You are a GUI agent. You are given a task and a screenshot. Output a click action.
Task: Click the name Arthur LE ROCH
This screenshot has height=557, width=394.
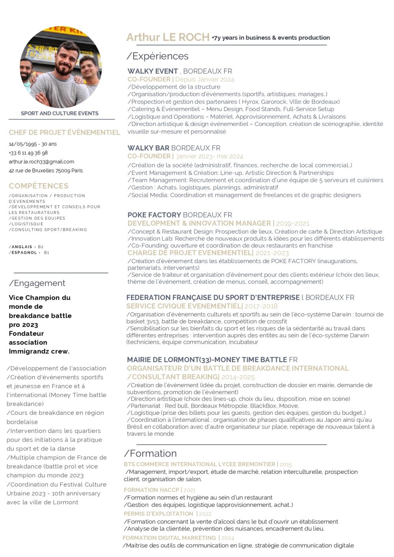point(168,37)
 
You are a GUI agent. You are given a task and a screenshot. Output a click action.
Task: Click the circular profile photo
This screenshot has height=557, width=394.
point(61,67)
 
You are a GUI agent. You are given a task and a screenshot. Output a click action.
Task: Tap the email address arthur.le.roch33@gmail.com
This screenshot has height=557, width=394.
point(41,162)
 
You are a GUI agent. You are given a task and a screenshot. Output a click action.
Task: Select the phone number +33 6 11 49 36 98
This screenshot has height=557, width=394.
point(28,153)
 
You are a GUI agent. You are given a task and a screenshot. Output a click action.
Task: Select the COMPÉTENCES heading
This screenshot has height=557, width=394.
point(39,186)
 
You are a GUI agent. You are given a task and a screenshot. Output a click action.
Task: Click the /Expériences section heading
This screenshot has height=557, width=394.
point(158,56)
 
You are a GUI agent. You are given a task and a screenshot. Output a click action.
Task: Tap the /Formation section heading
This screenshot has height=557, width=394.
point(151,453)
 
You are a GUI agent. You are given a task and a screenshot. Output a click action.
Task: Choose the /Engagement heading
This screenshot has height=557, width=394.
point(37,283)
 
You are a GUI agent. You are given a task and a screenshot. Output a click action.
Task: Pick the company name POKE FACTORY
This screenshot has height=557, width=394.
point(154,215)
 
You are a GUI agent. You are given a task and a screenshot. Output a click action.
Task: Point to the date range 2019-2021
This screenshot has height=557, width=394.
point(292,223)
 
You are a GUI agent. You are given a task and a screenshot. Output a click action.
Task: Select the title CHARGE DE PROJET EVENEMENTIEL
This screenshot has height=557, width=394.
point(190,253)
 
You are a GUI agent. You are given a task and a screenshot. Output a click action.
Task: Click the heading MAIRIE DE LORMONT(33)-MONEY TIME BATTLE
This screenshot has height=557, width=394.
point(207,360)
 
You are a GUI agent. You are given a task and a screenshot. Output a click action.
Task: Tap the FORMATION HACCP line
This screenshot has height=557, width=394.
point(151,490)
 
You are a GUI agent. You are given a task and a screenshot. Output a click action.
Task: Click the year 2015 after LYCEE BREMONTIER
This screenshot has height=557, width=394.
point(286,464)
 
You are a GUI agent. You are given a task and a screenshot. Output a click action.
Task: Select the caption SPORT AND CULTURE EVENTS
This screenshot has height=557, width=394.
point(60,113)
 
